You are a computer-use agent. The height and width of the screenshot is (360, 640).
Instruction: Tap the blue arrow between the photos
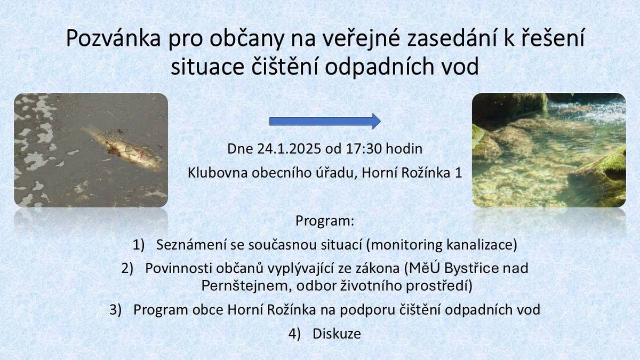[x=325, y=121]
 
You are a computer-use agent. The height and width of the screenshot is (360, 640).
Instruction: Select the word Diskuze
[x=337, y=334]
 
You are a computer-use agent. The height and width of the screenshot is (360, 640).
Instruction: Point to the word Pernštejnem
[x=245, y=286]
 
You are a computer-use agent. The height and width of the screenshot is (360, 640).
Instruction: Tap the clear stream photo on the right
[x=549, y=150]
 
